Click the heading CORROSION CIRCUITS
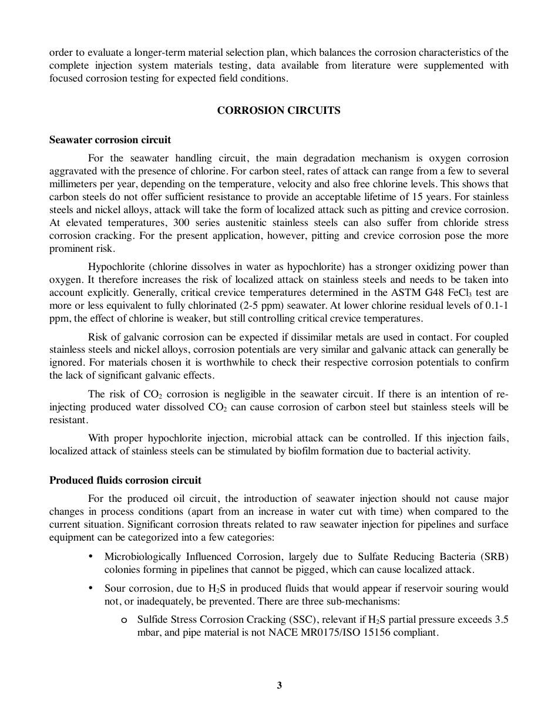tap(278, 110)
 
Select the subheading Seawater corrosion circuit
tap(110, 140)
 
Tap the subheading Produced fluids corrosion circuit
tap(125, 480)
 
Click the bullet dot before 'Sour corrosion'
tap(90, 588)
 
